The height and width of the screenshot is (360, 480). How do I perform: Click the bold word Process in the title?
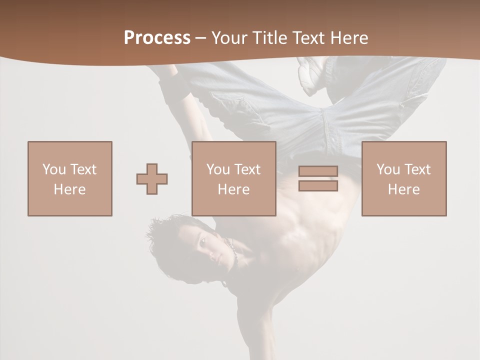click(157, 37)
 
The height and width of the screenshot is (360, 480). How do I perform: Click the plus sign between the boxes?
click(152, 179)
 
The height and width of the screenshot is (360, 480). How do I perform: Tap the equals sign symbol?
click(318, 178)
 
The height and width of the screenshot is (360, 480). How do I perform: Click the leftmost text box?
click(70, 178)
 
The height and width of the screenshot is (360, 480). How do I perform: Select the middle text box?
click(234, 178)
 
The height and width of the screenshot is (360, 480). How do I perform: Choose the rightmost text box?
click(404, 178)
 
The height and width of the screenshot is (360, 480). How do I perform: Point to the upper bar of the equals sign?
click(318, 171)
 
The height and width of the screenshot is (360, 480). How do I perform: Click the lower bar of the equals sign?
click(318, 185)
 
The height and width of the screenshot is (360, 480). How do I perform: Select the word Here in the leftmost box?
click(69, 189)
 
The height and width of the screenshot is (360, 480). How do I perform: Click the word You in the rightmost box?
click(388, 169)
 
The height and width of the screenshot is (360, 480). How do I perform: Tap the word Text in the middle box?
click(247, 169)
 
